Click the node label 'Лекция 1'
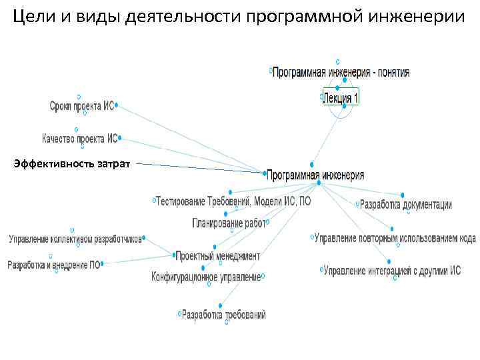[x=341, y=99]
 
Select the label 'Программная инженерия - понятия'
[x=341, y=72]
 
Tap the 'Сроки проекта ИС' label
[x=81, y=106]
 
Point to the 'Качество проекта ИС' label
[x=79, y=139]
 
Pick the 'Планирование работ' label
[x=228, y=223]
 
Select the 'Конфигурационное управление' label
[x=206, y=276]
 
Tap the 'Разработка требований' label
[x=223, y=314]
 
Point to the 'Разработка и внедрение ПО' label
[x=53, y=265]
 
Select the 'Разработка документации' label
[x=406, y=205]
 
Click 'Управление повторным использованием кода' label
[x=395, y=237]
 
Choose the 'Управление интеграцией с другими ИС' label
[x=392, y=271]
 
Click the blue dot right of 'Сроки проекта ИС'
[x=117, y=105]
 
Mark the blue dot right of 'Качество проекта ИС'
[x=120, y=139]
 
